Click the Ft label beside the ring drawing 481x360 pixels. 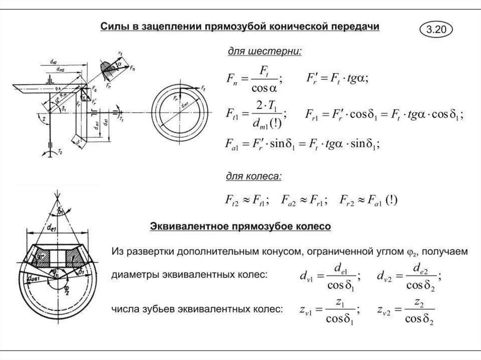203,88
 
